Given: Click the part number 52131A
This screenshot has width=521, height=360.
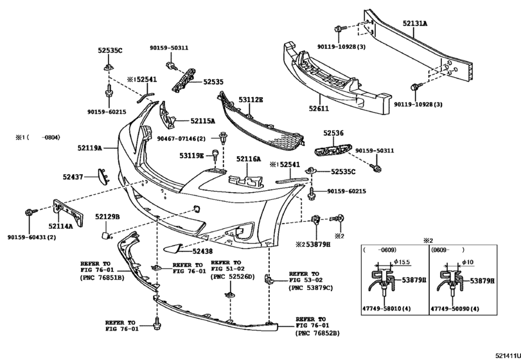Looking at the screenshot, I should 415,24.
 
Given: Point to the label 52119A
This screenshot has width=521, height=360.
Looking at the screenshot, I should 91,148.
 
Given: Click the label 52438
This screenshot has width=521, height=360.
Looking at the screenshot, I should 204,251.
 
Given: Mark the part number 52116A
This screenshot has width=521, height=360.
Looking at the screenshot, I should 249,159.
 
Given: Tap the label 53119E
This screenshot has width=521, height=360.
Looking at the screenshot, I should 191,156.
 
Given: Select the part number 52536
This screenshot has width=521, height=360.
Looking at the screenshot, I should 333,133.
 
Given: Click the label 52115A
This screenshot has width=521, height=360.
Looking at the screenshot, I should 202,120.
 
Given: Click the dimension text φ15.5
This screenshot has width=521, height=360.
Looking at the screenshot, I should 402,262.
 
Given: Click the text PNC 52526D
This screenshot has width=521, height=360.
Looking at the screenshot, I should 231,277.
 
